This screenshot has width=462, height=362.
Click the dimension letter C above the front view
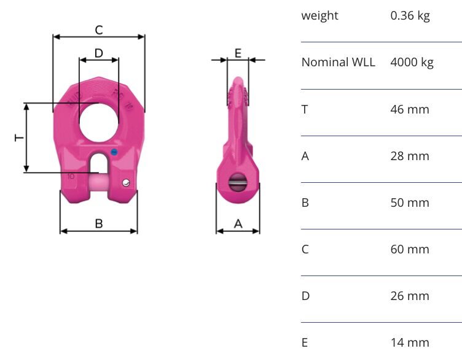coord(99,29)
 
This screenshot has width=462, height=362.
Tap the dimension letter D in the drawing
coord(99,53)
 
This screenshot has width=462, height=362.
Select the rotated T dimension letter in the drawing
coord(19,137)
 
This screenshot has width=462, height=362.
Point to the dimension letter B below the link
coord(99,224)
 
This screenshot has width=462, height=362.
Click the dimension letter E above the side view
coord(238,53)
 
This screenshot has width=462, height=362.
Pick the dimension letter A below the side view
coord(238,224)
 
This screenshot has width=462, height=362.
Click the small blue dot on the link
coord(114,152)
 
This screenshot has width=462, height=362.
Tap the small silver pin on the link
coord(126,183)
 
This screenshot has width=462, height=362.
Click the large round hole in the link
coord(99,122)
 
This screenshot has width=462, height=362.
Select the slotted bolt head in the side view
coord(238,182)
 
